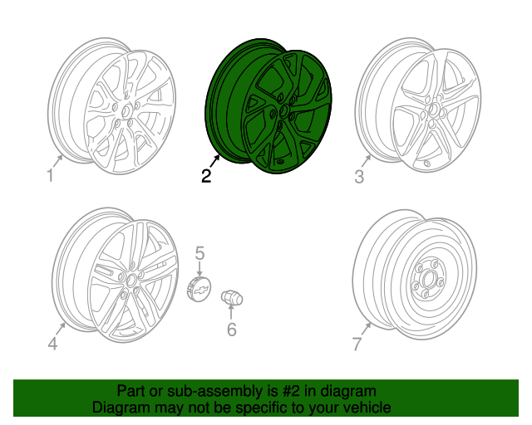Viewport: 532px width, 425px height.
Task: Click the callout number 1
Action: (50, 175)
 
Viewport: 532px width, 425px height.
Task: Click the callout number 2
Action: (205, 175)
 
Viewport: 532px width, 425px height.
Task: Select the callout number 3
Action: (359, 177)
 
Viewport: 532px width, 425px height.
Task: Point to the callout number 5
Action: (199, 252)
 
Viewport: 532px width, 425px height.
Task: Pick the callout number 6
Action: (232, 330)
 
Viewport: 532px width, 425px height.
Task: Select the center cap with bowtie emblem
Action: (199, 291)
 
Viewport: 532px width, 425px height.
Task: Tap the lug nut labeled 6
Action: (230, 299)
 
